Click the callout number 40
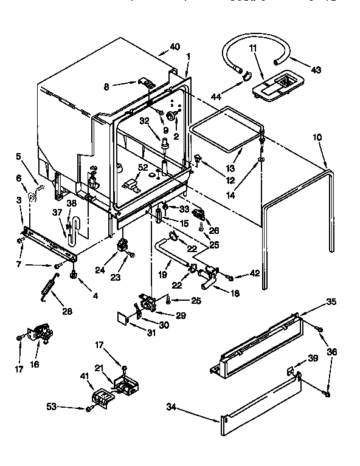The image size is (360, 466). [x=175, y=47]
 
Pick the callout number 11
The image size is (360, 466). [x=253, y=48]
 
